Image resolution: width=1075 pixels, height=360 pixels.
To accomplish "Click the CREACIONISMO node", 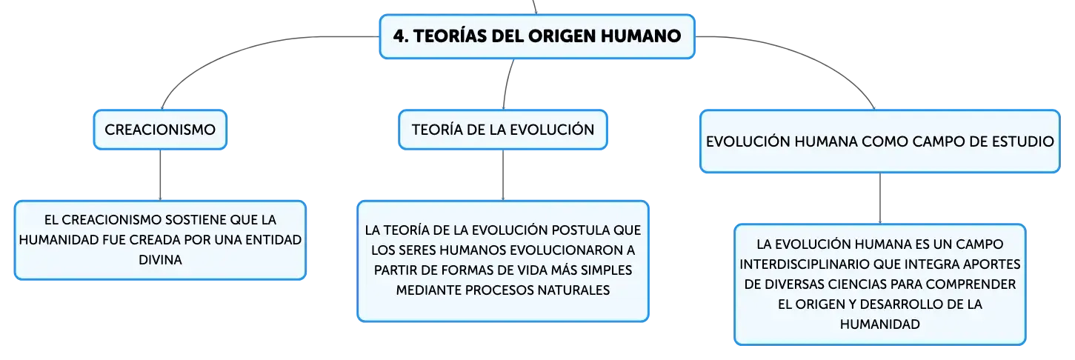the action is [160, 130].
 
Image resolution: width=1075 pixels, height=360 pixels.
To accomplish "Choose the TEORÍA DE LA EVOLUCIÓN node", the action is [503, 130].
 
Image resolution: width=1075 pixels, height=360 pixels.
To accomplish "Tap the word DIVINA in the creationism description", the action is [160, 260].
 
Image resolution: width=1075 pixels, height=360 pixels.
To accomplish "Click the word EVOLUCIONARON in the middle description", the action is [566, 250].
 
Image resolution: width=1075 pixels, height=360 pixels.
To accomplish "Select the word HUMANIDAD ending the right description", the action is [879, 324].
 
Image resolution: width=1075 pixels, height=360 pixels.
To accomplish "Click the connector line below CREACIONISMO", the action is [160, 176].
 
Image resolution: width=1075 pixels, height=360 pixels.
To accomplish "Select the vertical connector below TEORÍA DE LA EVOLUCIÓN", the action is [503, 176].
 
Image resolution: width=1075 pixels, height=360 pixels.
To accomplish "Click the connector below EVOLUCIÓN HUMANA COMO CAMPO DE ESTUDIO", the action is [880, 199].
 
